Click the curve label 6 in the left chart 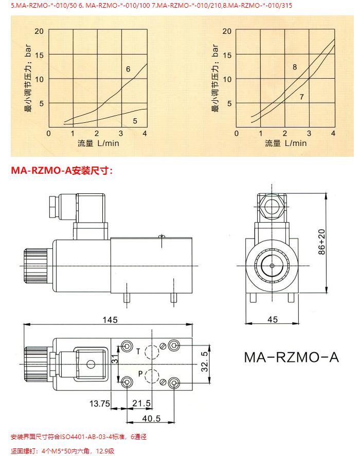tap(128, 69)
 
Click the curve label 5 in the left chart tap(135, 121)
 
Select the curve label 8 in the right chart tap(295, 67)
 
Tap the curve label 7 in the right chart tap(301, 97)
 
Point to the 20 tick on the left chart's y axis tap(39, 31)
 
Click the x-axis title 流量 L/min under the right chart tap(285, 143)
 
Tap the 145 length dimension tap(110, 320)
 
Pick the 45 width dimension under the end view tap(273, 320)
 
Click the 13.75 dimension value tap(100, 404)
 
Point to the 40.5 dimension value tap(148, 417)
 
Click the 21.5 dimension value tap(142, 404)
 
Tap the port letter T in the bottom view tap(138, 351)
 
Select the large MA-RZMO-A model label tap(291, 357)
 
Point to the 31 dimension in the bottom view tap(116, 361)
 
